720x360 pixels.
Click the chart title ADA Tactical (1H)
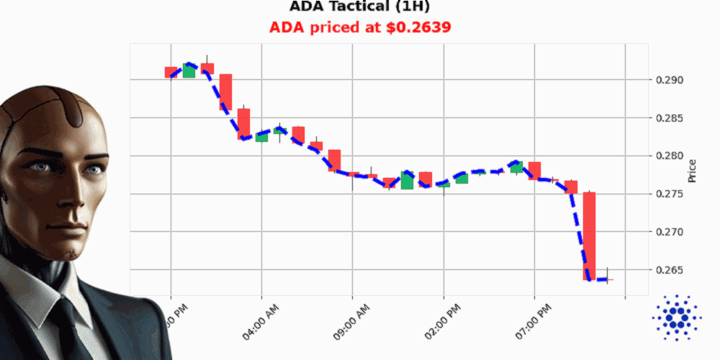pyautogui.click(x=360, y=7)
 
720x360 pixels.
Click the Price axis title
pyautogui.click(x=692, y=171)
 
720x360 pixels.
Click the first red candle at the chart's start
pyautogui.click(x=171, y=72)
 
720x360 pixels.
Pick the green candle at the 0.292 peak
pyautogui.click(x=189, y=71)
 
